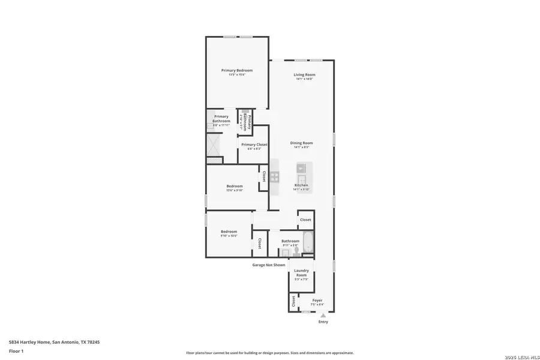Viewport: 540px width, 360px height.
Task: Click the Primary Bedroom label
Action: coord(236,70)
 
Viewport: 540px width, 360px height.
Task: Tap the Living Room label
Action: coord(304,74)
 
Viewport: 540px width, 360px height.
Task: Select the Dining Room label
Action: coord(301,143)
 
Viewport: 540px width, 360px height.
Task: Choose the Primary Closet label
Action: coord(254,145)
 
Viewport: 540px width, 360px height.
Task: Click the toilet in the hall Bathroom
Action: coord(296,251)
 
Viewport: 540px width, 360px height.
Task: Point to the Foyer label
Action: coord(317,300)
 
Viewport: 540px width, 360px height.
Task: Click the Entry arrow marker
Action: coord(323,314)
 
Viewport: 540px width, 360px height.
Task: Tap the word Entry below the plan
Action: coord(323,322)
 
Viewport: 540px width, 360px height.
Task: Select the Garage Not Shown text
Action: coord(268,265)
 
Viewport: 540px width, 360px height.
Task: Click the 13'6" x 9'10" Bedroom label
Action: coord(235,186)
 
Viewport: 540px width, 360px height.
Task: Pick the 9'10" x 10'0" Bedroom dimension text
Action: coord(229,236)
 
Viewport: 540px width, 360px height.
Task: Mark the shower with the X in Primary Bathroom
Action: coord(214,144)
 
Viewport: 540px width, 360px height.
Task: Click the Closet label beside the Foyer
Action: coord(293,301)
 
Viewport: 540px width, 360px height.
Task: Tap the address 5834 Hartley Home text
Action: coord(54,341)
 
